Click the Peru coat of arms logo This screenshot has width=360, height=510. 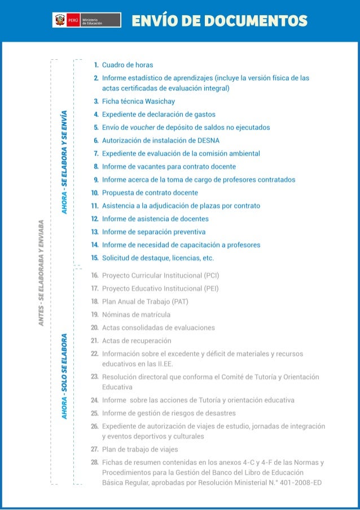59,20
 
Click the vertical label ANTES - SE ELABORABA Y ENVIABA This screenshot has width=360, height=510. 41,272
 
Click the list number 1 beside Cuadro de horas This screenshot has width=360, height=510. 96,65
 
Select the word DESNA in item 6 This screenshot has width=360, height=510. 208,141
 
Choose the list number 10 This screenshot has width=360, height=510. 95,193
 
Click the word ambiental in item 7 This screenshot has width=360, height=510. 243,154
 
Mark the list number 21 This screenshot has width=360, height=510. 95,341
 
